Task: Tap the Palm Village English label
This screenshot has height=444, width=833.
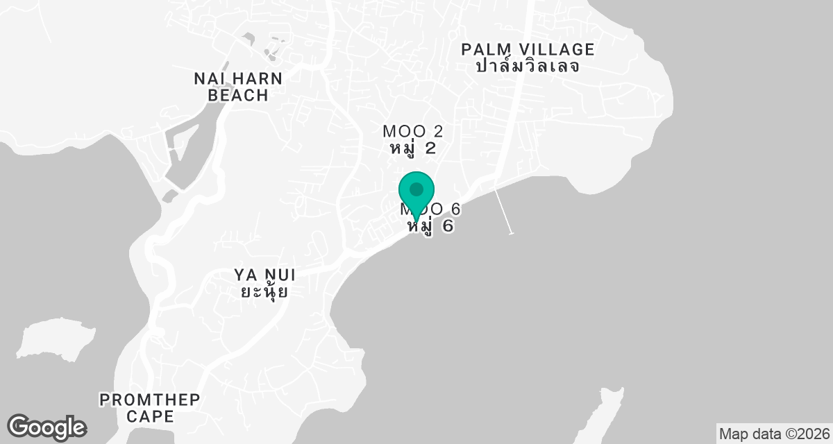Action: [x=528, y=49]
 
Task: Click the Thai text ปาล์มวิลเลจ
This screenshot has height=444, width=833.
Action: [x=528, y=67]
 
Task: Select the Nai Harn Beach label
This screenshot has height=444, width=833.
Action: [x=238, y=87]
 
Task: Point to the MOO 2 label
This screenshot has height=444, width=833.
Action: [x=412, y=131]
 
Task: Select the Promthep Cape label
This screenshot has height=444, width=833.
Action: [x=149, y=408]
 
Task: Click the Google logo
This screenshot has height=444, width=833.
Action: [x=47, y=427]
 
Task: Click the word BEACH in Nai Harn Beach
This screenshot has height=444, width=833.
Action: [x=238, y=95]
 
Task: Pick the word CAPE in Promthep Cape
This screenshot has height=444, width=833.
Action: [x=149, y=416]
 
